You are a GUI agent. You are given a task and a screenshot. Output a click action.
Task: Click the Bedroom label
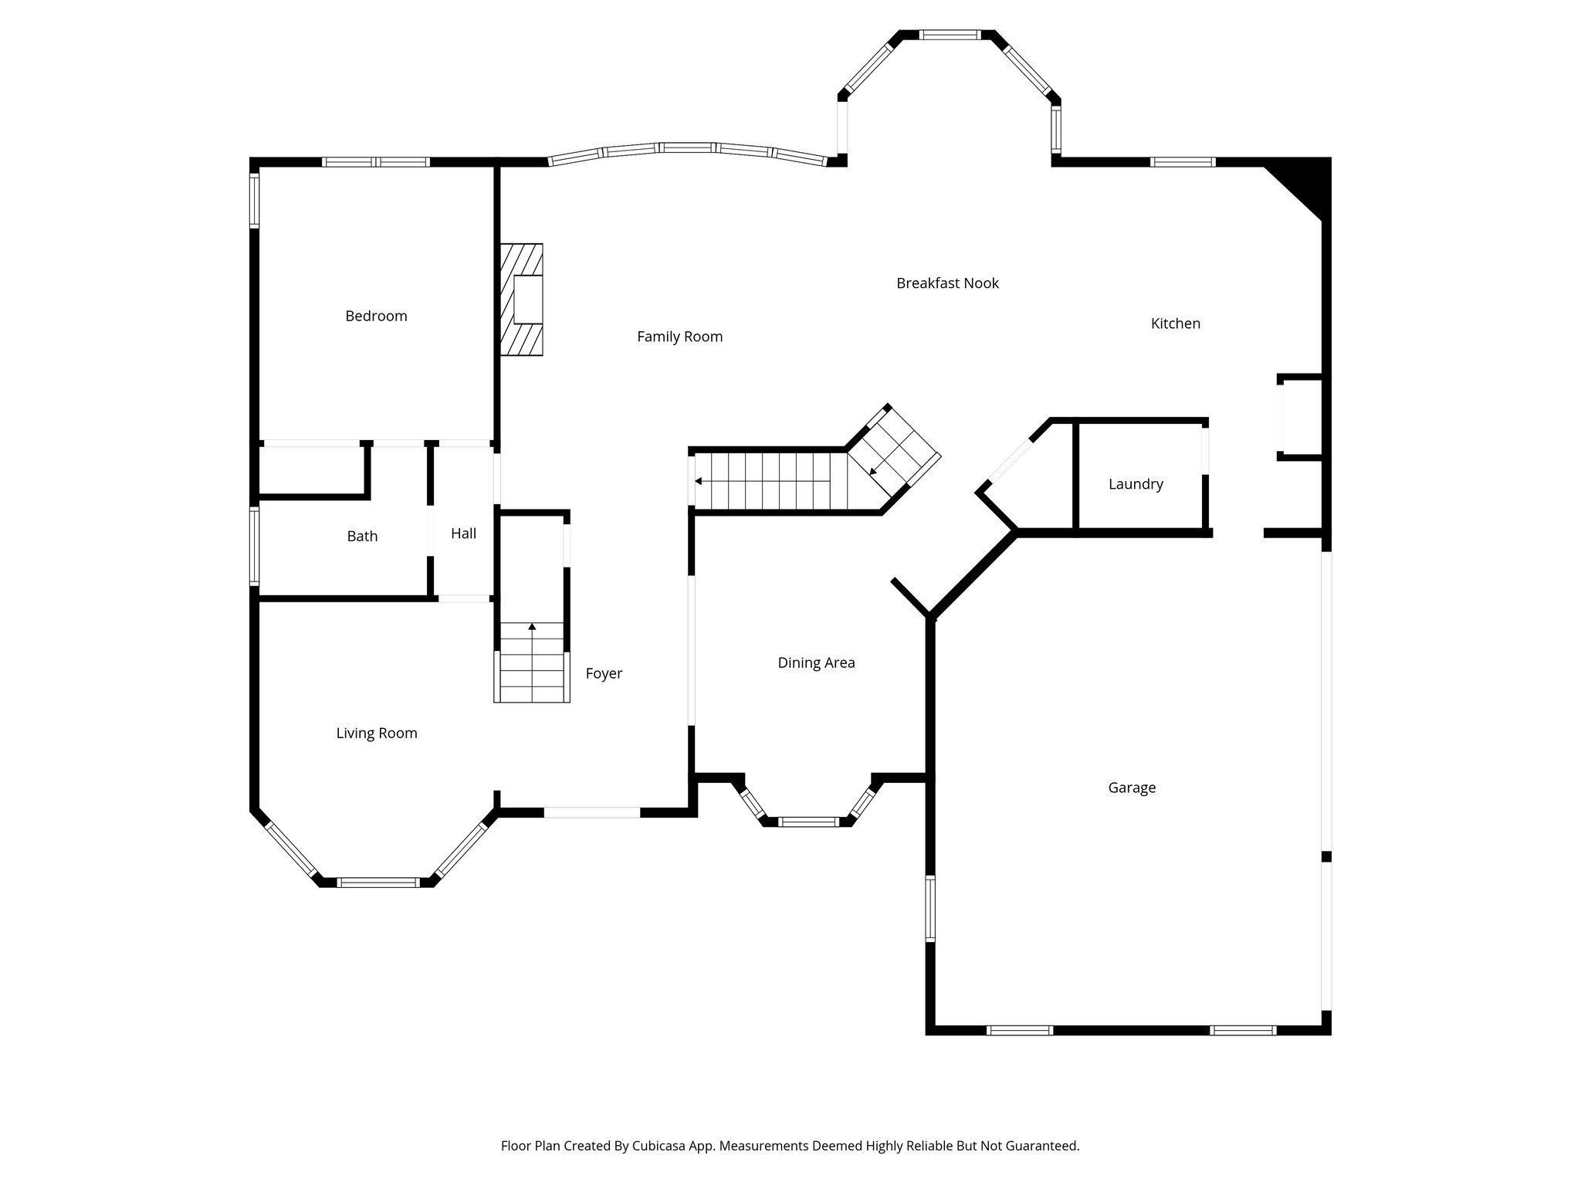tap(376, 316)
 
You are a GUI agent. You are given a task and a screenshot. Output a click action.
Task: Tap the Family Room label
tap(679, 337)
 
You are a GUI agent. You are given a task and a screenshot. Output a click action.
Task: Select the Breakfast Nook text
tap(947, 283)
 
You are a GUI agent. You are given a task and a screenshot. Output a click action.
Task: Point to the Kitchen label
tap(1175, 324)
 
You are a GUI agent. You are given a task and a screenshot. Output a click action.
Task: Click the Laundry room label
tap(1135, 484)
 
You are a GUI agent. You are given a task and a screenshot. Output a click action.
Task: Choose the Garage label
tap(1132, 788)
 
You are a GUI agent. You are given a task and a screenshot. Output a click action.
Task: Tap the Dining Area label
tap(816, 662)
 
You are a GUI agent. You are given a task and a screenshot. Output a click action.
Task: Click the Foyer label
tap(604, 673)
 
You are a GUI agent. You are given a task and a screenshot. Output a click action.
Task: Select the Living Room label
tap(377, 734)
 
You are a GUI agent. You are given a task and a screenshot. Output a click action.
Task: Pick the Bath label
tap(362, 536)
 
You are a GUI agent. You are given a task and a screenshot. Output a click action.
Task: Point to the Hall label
tap(463, 534)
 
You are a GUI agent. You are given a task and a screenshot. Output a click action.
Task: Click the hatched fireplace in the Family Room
tap(522, 300)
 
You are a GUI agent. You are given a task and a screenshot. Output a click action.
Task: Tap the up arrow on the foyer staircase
tap(532, 626)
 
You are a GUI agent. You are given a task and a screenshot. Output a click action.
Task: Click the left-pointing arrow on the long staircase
tap(698, 481)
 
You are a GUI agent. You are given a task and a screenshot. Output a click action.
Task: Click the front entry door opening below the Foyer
tap(592, 812)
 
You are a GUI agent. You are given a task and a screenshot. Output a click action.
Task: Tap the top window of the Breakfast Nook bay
tap(949, 35)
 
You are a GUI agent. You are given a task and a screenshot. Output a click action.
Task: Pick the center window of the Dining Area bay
tap(807, 822)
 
